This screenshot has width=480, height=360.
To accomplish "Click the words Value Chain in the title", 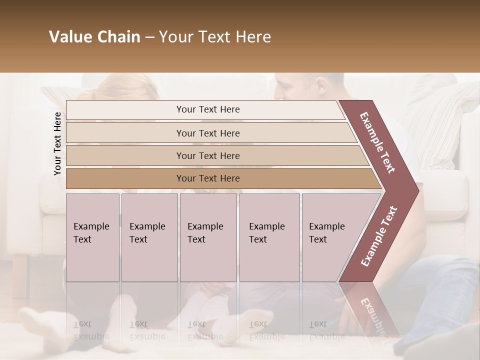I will click(94, 37).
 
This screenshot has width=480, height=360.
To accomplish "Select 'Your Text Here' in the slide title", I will click(215, 37).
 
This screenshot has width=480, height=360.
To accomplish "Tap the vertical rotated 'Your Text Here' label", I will click(57, 143).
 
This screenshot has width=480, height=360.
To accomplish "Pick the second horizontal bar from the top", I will click(207, 133).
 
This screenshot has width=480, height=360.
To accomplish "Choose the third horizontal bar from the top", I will click(207, 155).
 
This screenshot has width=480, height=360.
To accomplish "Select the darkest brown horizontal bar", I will click(207, 178).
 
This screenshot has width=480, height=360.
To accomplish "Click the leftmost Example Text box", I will click(92, 237).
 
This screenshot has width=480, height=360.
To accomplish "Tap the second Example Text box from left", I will click(149, 237).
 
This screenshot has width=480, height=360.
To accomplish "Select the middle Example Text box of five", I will click(208, 237).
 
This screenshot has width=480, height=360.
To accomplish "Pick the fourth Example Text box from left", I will click(269, 237).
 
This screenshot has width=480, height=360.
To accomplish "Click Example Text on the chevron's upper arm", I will click(378, 142).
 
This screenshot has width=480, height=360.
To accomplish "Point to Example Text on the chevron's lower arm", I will click(379, 236).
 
